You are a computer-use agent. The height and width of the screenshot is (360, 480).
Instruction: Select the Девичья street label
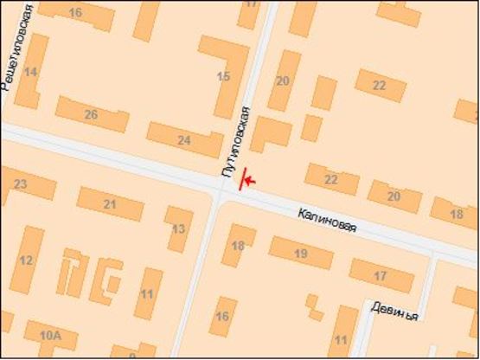click(x=394, y=311)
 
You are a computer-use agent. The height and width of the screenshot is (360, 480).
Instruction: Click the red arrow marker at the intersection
click(x=247, y=179)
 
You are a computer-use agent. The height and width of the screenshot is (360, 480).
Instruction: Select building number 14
click(x=31, y=73)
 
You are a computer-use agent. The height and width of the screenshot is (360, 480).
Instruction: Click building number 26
click(x=91, y=114)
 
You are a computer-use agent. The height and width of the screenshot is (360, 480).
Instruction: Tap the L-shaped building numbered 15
click(x=225, y=76)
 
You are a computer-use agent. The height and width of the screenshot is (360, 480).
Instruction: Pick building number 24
click(x=183, y=139)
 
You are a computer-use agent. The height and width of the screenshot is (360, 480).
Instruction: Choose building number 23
click(x=21, y=184)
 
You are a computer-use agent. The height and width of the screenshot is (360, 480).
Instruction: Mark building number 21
click(x=110, y=203)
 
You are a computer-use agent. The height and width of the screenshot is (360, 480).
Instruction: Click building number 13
click(x=179, y=228)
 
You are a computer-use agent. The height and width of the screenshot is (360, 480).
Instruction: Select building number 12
click(x=28, y=260)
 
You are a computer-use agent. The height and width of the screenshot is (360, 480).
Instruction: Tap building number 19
click(x=301, y=253)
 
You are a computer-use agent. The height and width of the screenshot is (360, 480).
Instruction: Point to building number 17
click(x=381, y=275)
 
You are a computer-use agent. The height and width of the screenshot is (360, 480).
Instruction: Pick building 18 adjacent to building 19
click(x=238, y=245)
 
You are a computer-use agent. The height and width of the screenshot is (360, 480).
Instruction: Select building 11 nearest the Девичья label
click(x=342, y=337)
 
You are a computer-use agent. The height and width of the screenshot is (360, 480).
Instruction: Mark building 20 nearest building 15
click(x=283, y=80)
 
